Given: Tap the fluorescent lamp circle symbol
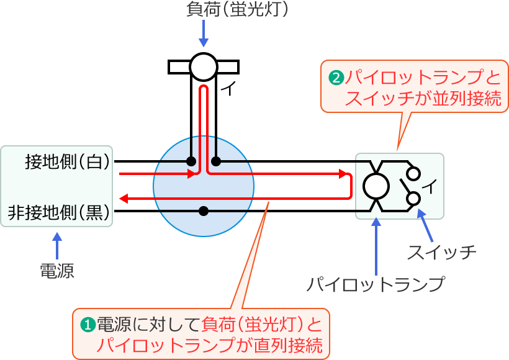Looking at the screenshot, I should point(203,66).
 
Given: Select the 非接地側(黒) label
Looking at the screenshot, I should point(59,212).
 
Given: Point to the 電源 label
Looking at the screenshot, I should point(56,271).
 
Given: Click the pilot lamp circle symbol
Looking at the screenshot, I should point(376,186).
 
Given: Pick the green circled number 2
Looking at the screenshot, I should point(335,78).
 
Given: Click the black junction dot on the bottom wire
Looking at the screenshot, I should point(203,211).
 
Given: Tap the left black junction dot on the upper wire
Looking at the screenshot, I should point(191,161).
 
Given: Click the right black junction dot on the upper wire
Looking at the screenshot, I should point(215,161).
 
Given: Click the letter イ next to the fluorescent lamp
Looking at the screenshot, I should point(228,90).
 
